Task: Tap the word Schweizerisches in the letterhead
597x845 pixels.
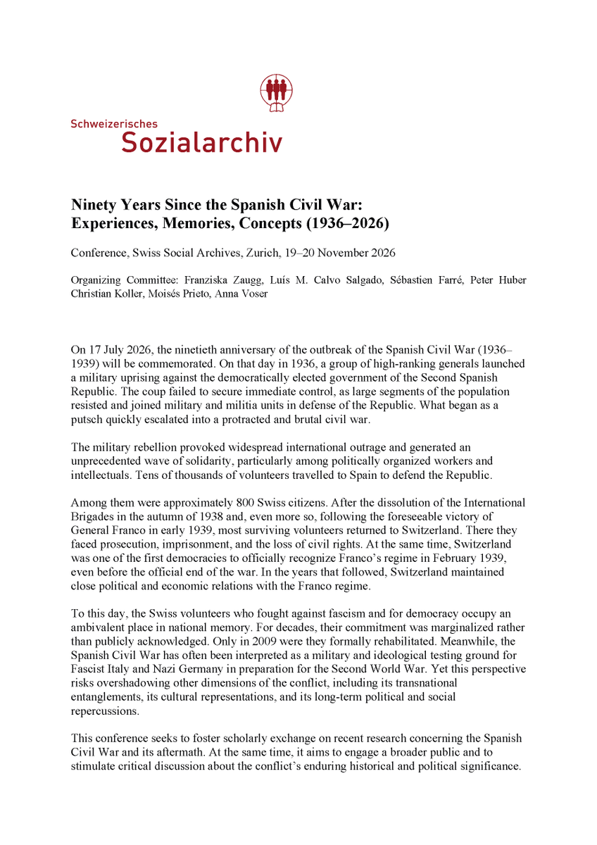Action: (114, 124)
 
